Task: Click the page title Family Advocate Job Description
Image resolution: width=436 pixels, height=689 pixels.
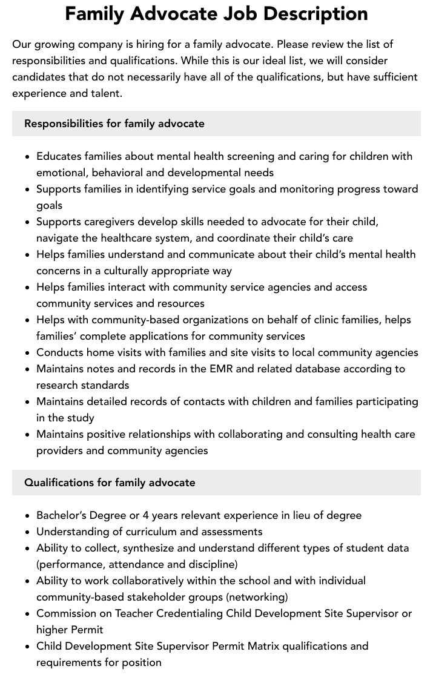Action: [x=216, y=14]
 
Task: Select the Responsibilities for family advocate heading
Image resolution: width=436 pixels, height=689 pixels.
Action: [x=114, y=124]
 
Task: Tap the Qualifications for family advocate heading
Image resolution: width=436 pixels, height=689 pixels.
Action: [x=110, y=483]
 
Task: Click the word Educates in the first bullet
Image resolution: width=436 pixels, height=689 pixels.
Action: [x=61, y=156]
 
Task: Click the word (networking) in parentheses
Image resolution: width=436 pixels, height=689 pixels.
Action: [x=257, y=597]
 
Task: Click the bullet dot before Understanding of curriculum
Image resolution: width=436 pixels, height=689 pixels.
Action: [x=28, y=532]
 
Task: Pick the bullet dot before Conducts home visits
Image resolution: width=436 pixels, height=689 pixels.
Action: [x=28, y=353]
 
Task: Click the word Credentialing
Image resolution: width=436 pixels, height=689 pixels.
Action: [x=190, y=613]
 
